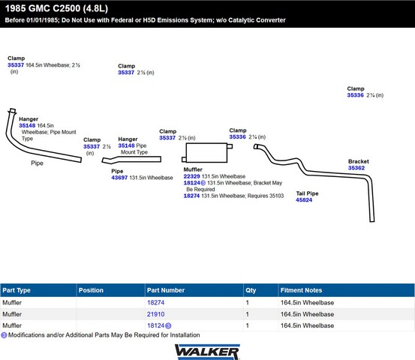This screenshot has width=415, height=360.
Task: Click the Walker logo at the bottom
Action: point(207,352)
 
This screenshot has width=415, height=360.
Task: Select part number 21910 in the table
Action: point(155,314)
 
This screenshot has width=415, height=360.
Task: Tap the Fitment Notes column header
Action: point(301,290)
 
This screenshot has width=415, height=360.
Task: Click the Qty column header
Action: point(251,290)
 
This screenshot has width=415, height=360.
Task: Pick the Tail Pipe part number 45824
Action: point(304,200)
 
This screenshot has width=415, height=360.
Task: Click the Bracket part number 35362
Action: point(356,168)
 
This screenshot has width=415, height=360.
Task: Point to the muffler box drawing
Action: point(206,152)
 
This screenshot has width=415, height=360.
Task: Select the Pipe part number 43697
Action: point(119,178)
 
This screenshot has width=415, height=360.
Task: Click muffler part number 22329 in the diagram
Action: point(191,176)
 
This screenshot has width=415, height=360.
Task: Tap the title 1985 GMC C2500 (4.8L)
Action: point(56,8)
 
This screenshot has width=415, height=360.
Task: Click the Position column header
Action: point(91,290)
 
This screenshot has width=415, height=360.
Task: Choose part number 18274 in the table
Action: point(155,302)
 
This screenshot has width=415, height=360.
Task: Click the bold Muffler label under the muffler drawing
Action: point(193,169)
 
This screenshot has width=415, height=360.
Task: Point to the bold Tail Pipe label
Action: point(307,193)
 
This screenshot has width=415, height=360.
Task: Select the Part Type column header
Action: point(17,290)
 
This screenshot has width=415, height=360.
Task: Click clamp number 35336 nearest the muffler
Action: point(237,136)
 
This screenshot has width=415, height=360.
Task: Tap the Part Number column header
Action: point(166,290)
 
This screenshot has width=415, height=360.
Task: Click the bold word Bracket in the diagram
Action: point(359,161)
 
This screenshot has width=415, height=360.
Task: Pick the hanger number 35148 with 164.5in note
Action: point(27,126)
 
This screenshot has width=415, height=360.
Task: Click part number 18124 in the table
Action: point(155,325)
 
